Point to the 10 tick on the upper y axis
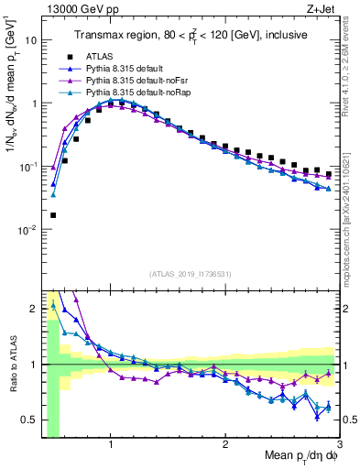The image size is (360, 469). [x=32, y=40]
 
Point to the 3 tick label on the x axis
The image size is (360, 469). [x=339, y=444]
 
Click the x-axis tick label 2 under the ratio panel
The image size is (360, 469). [x=224, y=444]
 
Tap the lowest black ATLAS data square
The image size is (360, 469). [x=53, y=215]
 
